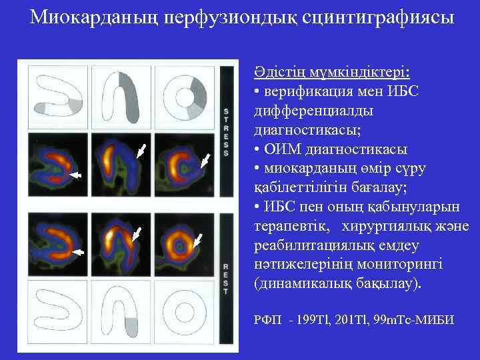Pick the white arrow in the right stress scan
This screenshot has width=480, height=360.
pos(205,160)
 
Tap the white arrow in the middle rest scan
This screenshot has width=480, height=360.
pos(137,233)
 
